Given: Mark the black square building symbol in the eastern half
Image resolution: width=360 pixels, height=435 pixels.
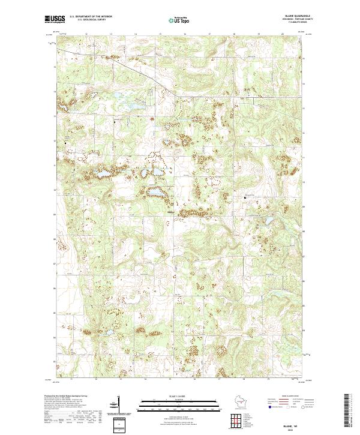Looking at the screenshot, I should pyautogui.click(x=245, y=197).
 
